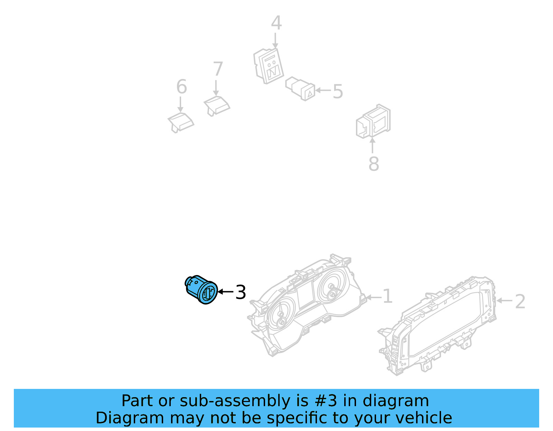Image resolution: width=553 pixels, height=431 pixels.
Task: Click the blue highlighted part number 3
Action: (x=201, y=290)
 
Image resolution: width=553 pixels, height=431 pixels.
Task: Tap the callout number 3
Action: (x=241, y=292)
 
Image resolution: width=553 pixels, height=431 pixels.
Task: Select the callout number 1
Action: (x=388, y=296)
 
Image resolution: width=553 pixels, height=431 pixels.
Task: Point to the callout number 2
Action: (x=520, y=302)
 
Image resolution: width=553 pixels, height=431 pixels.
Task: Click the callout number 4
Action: (x=276, y=23)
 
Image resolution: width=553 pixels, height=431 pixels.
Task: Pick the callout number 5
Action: (x=338, y=91)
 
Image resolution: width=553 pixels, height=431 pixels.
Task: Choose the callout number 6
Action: (x=181, y=87)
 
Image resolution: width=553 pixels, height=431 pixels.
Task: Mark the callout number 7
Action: (x=218, y=69)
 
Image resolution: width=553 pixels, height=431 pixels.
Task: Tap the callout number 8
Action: (x=374, y=164)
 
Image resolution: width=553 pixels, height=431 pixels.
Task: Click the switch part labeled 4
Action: (x=269, y=66)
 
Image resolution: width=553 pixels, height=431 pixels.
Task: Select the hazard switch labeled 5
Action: (x=300, y=89)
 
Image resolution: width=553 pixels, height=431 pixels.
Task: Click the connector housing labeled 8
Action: (x=373, y=121)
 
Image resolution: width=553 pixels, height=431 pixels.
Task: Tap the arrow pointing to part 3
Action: (x=225, y=292)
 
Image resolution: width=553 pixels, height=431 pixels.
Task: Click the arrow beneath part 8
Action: (x=372, y=145)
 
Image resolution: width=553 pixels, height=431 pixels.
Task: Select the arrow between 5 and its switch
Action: (x=323, y=90)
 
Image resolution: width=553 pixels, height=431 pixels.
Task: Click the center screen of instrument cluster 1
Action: (x=306, y=294)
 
